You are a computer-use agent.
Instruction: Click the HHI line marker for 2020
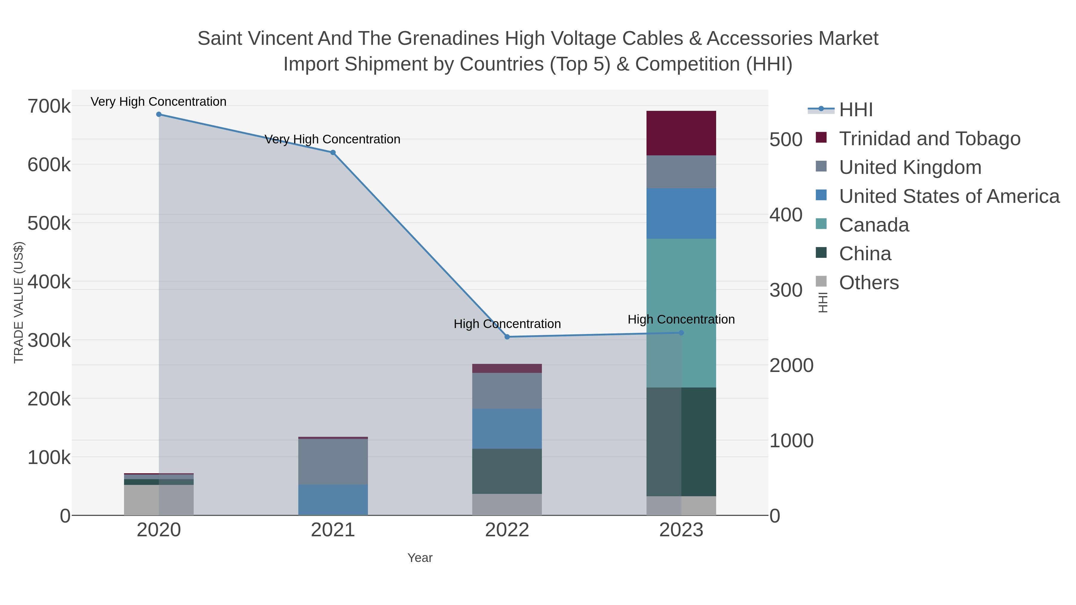(x=159, y=114)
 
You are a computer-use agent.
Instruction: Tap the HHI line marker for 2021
(x=333, y=153)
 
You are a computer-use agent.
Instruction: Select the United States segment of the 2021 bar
(x=333, y=500)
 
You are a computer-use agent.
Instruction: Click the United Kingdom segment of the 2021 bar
(x=333, y=461)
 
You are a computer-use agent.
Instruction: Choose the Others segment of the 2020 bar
(x=159, y=500)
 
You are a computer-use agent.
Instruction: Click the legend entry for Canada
(x=874, y=225)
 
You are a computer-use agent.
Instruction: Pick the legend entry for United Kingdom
(x=910, y=167)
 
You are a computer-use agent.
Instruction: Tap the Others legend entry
(x=869, y=283)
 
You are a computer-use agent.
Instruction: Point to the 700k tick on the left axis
(x=49, y=106)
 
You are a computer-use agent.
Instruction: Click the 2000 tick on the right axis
(x=791, y=366)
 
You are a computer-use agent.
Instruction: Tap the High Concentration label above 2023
(x=681, y=319)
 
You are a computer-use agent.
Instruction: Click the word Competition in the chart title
(x=687, y=64)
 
